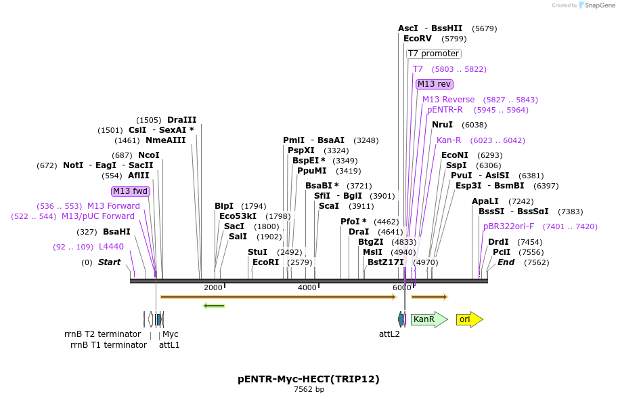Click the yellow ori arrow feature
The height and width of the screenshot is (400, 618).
(x=469, y=319)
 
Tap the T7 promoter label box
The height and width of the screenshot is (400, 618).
(x=434, y=54)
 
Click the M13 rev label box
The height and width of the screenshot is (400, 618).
(x=434, y=84)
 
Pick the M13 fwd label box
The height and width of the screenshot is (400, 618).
(x=131, y=191)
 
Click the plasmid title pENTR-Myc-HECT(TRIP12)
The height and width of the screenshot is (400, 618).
(x=309, y=379)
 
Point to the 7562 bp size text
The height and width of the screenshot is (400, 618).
(x=309, y=390)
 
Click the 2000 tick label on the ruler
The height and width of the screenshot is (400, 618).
(x=213, y=287)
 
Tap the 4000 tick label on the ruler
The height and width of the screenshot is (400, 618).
(x=307, y=287)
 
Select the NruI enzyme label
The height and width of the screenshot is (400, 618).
(x=442, y=125)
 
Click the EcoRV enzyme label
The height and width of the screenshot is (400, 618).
(x=417, y=39)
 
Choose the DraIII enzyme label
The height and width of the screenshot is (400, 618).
(x=181, y=120)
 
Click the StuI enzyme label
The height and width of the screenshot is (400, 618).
(x=257, y=252)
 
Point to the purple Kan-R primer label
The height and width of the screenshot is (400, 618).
(x=449, y=140)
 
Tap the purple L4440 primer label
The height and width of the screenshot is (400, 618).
(x=111, y=247)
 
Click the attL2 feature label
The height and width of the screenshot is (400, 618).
(x=389, y=334)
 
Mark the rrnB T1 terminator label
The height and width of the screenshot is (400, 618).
(x=108, y=344)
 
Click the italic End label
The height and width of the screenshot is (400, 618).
(x=506, y=262)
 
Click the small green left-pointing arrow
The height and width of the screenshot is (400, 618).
(x=214, y=306)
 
